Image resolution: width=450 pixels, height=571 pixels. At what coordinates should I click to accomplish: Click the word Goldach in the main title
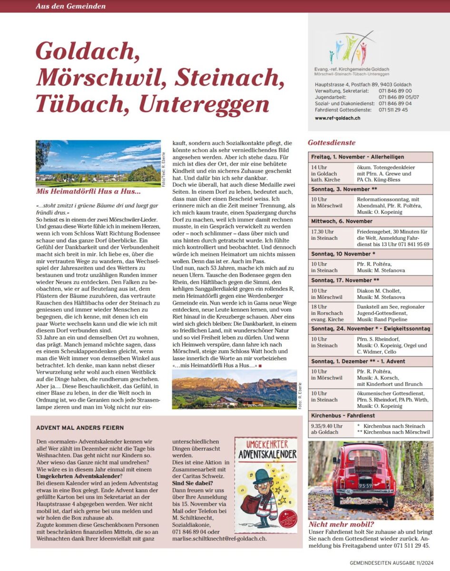(x=87, y=50)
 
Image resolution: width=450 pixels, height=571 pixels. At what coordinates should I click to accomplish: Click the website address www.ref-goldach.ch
(x=337, y=118)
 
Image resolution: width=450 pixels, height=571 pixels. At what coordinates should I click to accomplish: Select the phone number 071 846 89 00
(x=395, y=90)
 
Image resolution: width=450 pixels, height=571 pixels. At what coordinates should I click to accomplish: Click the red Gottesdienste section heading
(x=332, y=142)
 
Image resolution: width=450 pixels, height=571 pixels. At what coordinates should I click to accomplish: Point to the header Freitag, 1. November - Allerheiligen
(x=357, y=157)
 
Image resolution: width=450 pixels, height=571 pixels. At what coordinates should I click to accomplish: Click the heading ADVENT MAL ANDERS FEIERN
(x=80, y=428)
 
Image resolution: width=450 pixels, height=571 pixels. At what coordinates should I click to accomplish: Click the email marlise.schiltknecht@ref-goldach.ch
(x=219, y=539)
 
